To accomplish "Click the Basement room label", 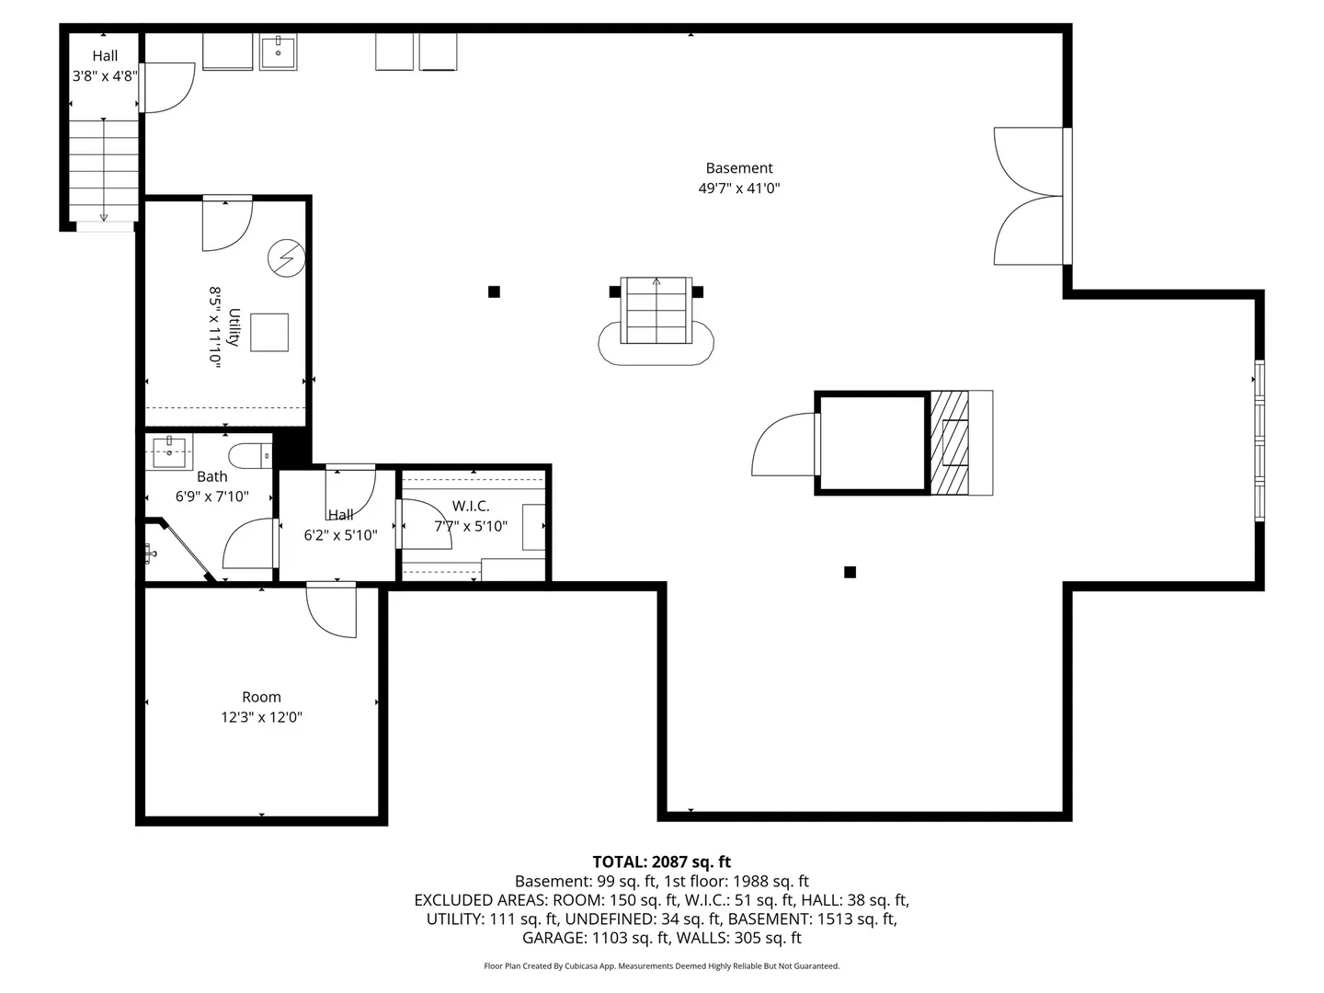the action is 738,167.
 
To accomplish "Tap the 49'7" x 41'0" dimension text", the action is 738,188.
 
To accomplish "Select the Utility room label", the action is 234,326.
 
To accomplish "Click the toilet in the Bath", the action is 250,456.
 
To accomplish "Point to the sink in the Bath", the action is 169,451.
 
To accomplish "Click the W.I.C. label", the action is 471,506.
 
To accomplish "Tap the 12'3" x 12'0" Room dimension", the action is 261,717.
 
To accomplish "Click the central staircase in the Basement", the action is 656,310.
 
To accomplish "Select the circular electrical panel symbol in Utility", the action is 287,258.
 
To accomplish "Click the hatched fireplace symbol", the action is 950,442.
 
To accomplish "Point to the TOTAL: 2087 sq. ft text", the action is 661,862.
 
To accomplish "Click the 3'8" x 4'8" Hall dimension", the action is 105,76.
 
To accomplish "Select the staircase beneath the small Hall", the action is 104,171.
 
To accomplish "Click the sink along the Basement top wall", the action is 278,51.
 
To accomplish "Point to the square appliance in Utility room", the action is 269,332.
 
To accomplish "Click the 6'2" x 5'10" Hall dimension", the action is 340,535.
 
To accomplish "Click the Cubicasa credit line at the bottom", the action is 661,965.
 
